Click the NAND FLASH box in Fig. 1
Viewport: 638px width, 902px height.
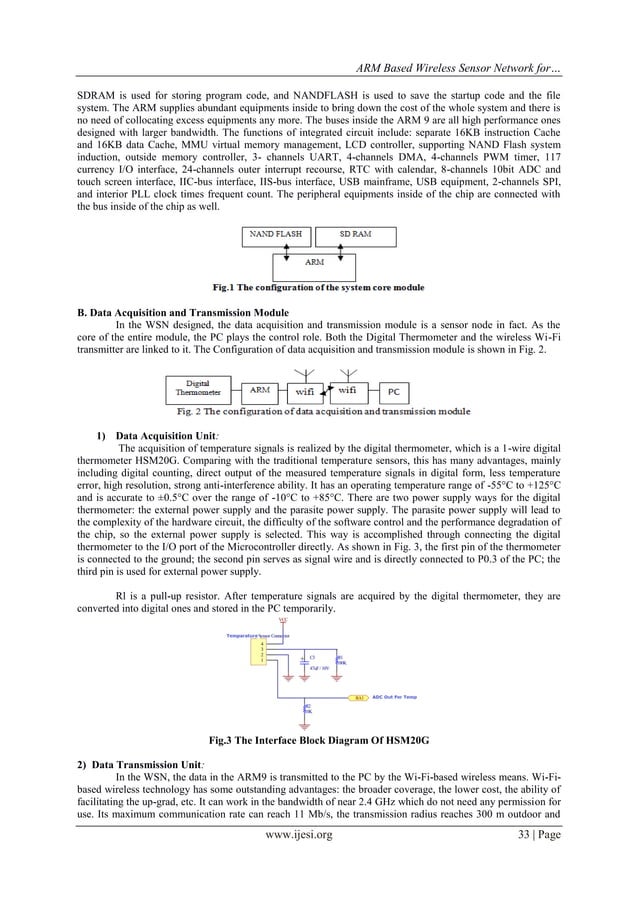277,237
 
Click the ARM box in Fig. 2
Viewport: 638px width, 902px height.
259,390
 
